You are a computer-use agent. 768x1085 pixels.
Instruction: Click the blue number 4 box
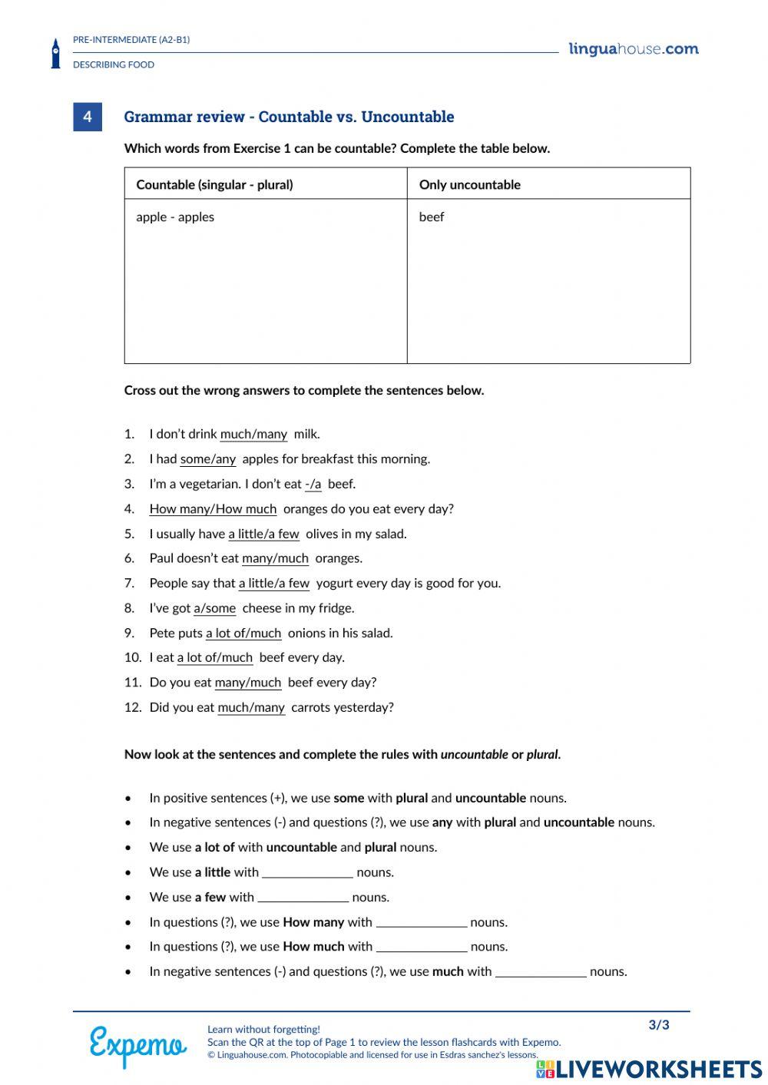tap(88, 117)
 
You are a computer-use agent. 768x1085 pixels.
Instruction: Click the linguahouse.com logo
tap(634, 49)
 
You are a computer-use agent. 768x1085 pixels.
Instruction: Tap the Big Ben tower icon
tap(55, 54)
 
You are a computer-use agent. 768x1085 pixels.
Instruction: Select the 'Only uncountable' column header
tap(469, 184)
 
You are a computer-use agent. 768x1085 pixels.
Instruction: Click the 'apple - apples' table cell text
tap(175, 217)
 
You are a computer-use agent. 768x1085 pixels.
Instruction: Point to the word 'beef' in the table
tap(432, 217)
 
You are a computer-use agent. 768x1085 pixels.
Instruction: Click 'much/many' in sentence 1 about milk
tap(253, 434)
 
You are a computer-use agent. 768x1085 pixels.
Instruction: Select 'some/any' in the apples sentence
tap(208, 459)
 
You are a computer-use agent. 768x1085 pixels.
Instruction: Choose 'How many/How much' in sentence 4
tap(213, 509)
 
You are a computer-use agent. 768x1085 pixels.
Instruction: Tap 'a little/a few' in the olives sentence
tap(263, 534)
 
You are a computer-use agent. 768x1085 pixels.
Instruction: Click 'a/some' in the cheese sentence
tap(215, 608)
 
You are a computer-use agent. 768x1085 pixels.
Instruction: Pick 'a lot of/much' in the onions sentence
tap(243, 633)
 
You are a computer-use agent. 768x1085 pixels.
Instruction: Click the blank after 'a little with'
tap(307, 872)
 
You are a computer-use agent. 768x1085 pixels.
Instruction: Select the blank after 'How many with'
tap(422, 922)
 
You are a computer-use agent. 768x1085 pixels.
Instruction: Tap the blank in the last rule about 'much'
tap(541, 972)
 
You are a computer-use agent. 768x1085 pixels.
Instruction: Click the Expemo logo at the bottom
tap(138, 1045)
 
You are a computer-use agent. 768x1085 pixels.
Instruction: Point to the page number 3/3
tap(659, 1025)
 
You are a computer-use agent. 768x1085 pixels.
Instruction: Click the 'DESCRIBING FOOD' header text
tap(114, 65)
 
